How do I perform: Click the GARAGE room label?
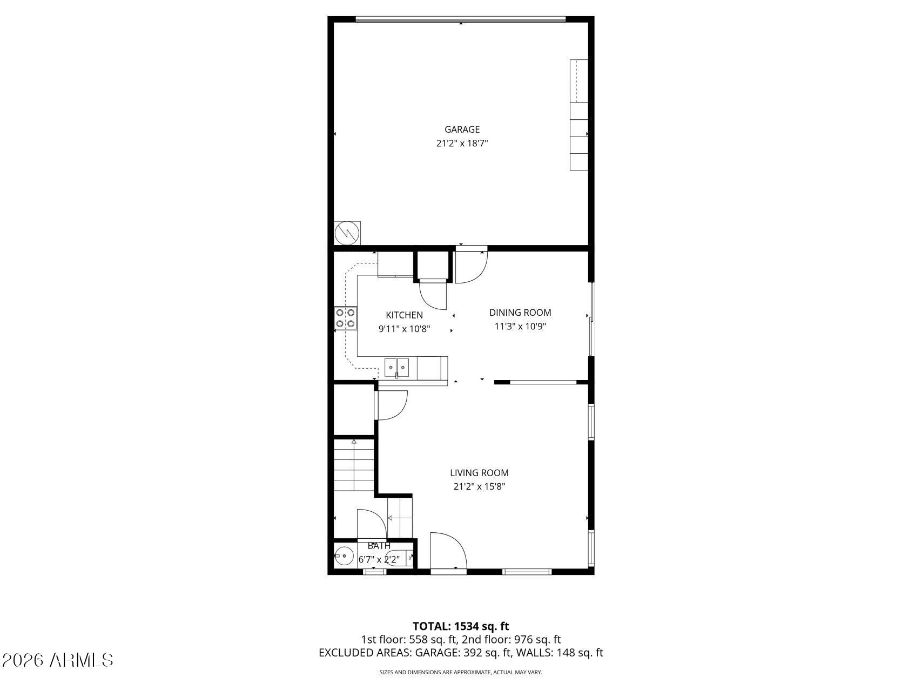[462, 130]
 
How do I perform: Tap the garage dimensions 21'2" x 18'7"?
[462, 144]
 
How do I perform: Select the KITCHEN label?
[404, 315]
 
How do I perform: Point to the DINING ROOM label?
[520, 313]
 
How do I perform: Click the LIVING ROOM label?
[479, 473]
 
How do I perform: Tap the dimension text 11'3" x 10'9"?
[520, 327]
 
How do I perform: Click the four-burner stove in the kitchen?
[346, 318]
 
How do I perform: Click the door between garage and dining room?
[471, 266]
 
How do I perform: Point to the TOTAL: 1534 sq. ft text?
[461, 626]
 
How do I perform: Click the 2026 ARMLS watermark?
[58, 660]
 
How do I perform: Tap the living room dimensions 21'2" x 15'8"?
[479, 487]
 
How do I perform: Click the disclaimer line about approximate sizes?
[461, 673]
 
